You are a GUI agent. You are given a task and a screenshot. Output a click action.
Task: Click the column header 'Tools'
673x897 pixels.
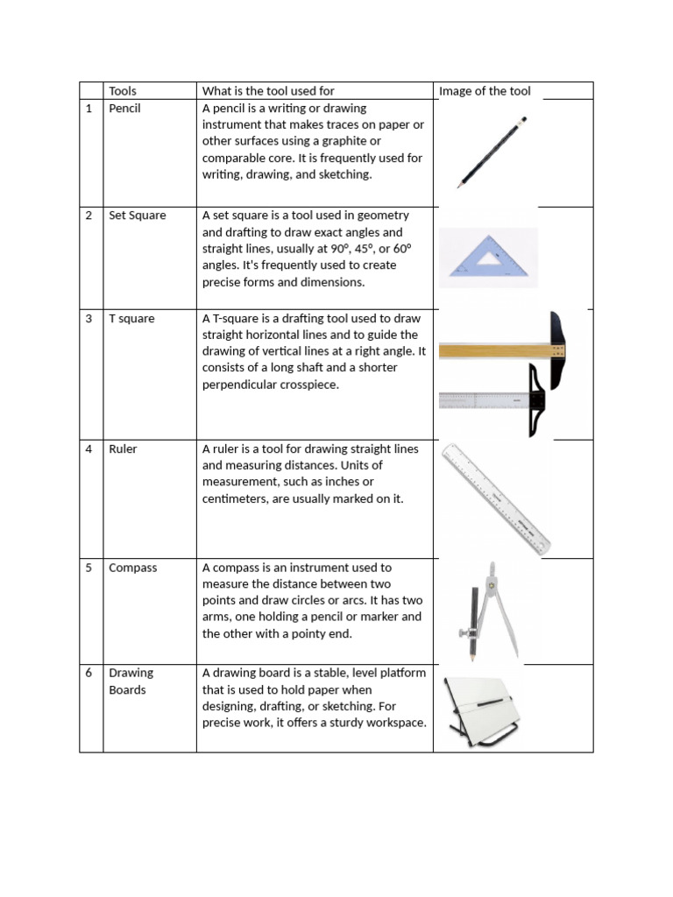[x=123, y=90]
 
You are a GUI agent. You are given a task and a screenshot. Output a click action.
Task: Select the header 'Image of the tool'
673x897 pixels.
[x=485, y=90]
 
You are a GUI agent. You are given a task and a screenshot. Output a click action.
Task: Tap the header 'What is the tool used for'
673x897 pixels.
[x=268, y=90]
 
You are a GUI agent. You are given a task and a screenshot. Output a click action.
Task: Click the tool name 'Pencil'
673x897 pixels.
[x=124, y=108]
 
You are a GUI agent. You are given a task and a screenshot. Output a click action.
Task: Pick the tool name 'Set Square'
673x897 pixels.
[x=137, y=215]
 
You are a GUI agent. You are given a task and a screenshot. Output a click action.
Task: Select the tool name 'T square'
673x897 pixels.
[x=131, y=318]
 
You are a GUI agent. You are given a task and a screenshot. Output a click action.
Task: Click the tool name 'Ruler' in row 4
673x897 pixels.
[x=123, y=448]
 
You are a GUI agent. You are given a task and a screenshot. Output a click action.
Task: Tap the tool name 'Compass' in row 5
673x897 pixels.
[x=132, y=568]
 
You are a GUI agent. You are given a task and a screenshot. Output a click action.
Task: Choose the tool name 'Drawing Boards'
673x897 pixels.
[x=131, y=681]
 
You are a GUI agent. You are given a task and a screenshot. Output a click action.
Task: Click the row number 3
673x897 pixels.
[x=89, y=318]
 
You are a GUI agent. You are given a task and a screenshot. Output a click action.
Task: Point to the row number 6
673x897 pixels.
[x=89, y=673]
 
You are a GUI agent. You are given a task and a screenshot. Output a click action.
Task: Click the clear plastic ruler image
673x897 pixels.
[x=497, y=498]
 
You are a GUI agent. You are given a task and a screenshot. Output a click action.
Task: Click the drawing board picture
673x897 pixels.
[x=482, y=710]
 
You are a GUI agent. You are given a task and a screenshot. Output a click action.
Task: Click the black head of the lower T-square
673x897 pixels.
[x=536, y=400]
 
